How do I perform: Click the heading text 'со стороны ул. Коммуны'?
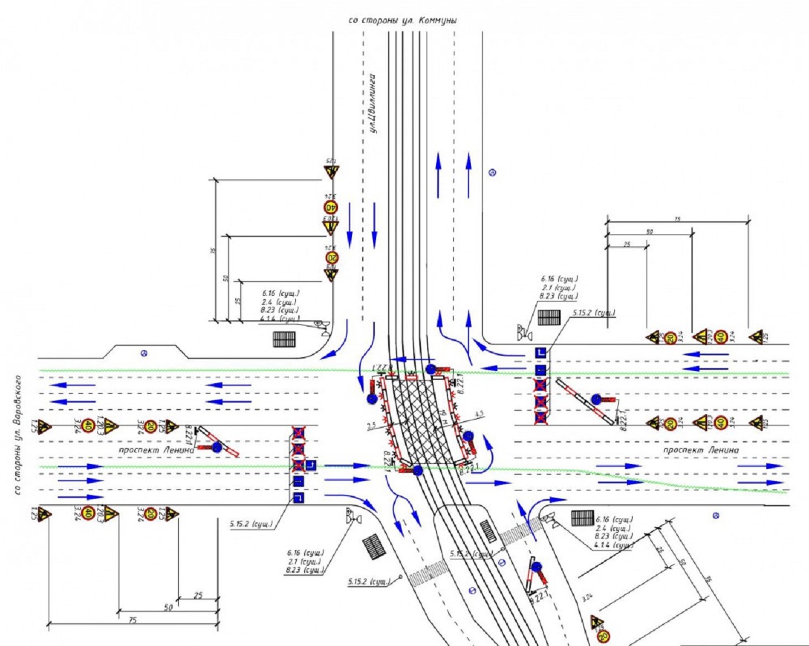tap(403, 20)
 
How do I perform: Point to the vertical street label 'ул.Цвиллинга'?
tap(374, 104)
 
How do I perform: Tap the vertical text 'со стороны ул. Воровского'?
tap(18, 436)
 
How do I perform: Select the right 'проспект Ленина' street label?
tap(700, 450)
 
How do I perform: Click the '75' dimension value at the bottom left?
tap(132, 620)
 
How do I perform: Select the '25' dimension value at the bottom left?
tap(198, 595)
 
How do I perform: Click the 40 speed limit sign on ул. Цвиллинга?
tap(331, 207)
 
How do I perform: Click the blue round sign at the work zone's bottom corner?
tap(417, 471)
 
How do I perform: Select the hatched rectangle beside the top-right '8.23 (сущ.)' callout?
tap(549, 317)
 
